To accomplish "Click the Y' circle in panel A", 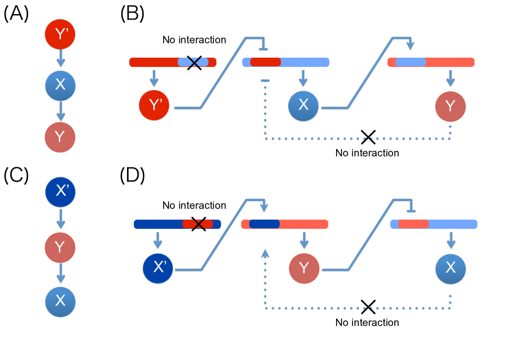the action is pos(60,34).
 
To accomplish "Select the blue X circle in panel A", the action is pos(60,85).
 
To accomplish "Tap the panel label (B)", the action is pos(132,13).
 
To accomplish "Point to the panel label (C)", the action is pos(16,175).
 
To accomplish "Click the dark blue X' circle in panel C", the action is pos(60,192).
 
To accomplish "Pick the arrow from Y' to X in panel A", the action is pos(60,58).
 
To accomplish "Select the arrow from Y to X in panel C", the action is pos(60,274).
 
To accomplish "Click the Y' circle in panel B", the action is pos(154,105).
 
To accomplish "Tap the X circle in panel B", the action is pos(303,106).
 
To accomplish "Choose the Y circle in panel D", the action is pos(304,269).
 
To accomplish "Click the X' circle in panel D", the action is pos(158,268).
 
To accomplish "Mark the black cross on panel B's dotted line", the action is pos(369,137).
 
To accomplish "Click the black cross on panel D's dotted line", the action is pos(369,307).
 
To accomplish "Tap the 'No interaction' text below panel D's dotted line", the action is pos(367,323).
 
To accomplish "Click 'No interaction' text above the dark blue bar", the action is pos(194,205).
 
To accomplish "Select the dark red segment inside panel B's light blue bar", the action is pos(266,62).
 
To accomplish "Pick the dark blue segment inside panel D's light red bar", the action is pos(264,224).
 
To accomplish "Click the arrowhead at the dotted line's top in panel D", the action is pos(265,253).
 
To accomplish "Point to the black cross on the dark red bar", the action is pos(194,63).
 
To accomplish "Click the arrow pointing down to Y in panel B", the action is pos(450,79).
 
